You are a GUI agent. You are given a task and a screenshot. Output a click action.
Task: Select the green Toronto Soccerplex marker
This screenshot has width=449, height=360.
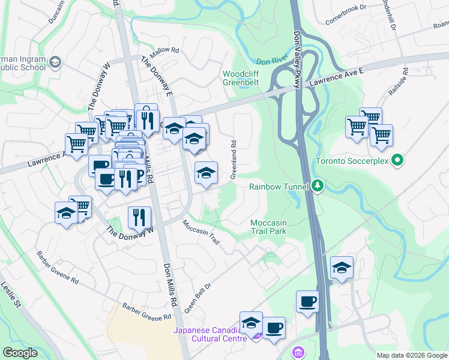(396, 160)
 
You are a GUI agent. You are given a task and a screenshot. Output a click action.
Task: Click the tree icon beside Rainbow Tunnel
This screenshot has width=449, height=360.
(318, 186)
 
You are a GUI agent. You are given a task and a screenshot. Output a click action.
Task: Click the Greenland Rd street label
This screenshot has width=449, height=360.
(233, 160)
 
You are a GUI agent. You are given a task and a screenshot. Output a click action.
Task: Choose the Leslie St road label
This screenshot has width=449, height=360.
(10, 294)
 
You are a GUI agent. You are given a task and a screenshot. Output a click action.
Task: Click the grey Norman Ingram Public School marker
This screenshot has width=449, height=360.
(55, 62)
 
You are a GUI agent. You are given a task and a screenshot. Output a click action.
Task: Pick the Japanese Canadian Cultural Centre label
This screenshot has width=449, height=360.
(210, 334)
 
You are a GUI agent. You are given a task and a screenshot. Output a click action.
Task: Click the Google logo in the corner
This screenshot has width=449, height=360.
(20, 353)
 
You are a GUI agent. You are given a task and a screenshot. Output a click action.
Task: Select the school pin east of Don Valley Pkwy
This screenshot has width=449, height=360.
(342, 268)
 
